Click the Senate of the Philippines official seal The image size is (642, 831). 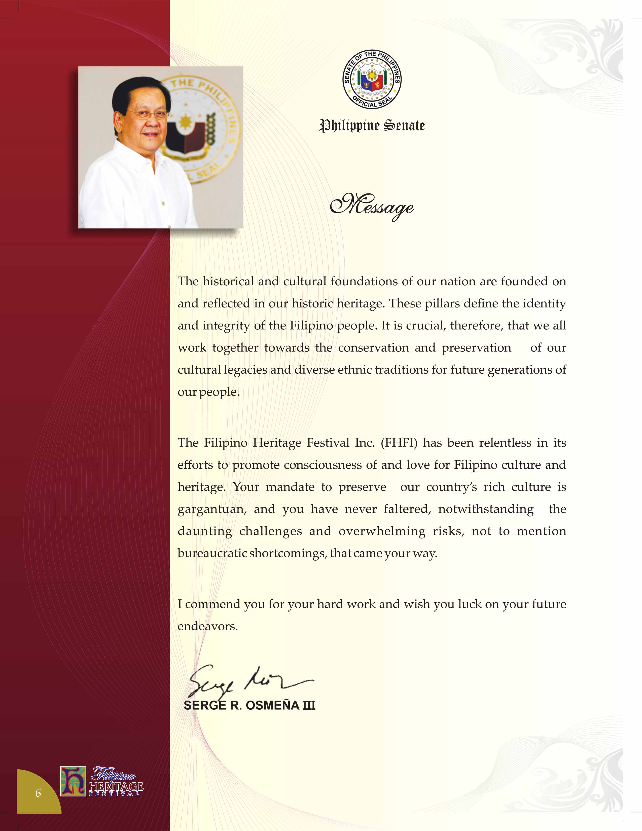(372, 80)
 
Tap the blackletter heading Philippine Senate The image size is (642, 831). (372, 125)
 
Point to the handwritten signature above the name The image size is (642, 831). (249, 683)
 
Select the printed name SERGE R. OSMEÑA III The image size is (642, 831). (249, 705)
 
